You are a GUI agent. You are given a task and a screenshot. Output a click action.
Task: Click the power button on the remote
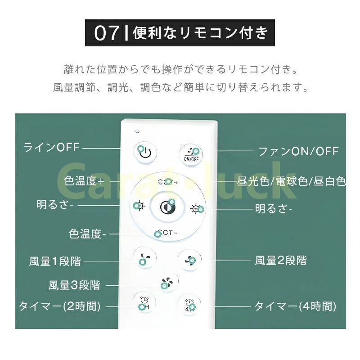145,153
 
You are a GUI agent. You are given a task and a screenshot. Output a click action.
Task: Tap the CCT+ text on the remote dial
168,182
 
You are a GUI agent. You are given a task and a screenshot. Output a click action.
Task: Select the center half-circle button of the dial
167,207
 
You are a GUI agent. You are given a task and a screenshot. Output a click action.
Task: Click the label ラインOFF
51,147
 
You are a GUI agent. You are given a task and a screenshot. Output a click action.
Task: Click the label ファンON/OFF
298,151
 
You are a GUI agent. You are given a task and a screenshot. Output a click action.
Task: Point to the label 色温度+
84,181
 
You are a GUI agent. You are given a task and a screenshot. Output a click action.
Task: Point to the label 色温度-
87,234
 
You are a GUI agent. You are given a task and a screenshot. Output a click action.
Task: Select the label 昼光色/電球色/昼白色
291,181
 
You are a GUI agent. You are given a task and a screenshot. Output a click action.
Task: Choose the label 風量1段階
55,261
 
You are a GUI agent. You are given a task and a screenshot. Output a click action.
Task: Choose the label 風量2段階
280,261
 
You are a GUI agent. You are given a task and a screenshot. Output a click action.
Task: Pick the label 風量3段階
74,285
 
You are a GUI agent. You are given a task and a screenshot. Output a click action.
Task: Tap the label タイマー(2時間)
60,306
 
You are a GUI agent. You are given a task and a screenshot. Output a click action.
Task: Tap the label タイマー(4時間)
295,306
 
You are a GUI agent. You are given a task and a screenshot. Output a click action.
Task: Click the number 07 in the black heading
107,33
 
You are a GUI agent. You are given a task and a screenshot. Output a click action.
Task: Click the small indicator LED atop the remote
137,131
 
